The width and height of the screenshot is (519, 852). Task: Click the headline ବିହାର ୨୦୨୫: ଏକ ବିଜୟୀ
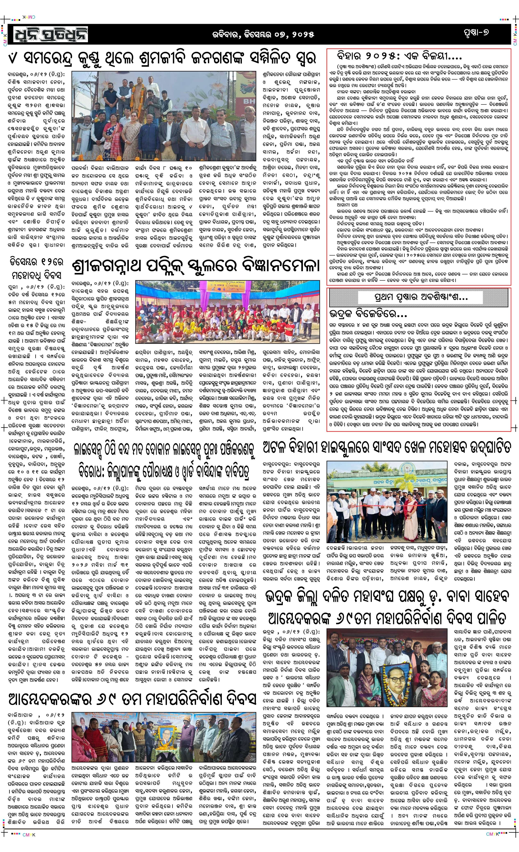(399, 56)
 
